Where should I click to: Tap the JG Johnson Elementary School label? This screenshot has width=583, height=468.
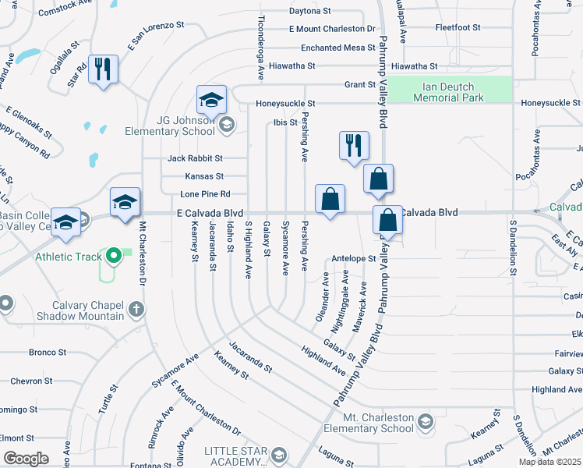coord(169,126)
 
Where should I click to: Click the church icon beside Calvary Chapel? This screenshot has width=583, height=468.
coord(136,310)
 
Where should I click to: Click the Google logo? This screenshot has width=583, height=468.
coord(26,459)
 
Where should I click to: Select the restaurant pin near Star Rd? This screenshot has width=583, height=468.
coord(103,70)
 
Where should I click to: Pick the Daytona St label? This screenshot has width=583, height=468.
coord(310,12)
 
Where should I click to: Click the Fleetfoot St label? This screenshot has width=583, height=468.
coord(458,27)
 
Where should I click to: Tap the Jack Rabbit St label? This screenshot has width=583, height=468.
coord(195,158)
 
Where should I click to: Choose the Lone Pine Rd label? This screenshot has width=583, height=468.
coord(205,194)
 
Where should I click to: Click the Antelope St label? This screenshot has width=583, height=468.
coord(354,258)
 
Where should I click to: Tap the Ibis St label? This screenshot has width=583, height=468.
coord(285,122)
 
